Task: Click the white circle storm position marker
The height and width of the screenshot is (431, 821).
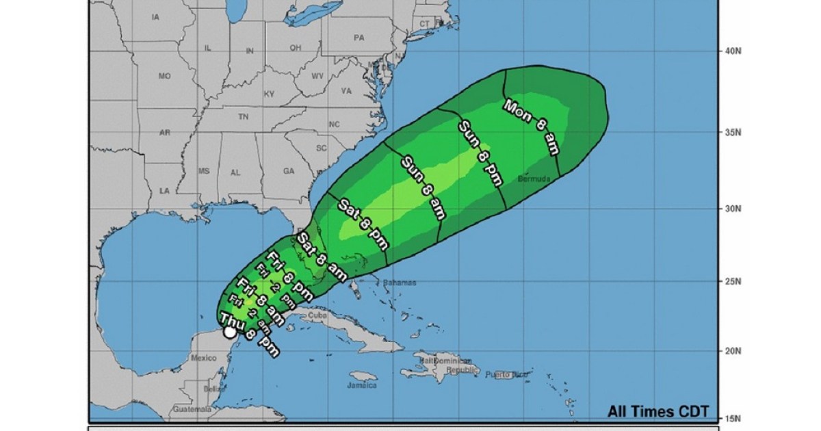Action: (x=231, y=332)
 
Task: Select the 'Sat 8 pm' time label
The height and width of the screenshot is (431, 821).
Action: (x=363, y=224)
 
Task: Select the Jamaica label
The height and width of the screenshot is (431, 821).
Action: (x=363, y=385)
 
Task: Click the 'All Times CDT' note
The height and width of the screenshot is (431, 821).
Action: (x=657, y=412)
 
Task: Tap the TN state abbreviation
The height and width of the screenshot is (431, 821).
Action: (x=242, y=117)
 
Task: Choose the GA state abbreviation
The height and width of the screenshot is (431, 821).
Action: (x=288, y=171)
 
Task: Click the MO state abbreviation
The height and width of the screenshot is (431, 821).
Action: (x=164, y=77)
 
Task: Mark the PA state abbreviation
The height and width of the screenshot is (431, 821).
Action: (x=359, y=38)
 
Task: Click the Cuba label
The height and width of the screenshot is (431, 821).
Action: (x=316, y=316)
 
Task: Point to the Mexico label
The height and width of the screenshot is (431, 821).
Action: (x=204, y=358)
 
